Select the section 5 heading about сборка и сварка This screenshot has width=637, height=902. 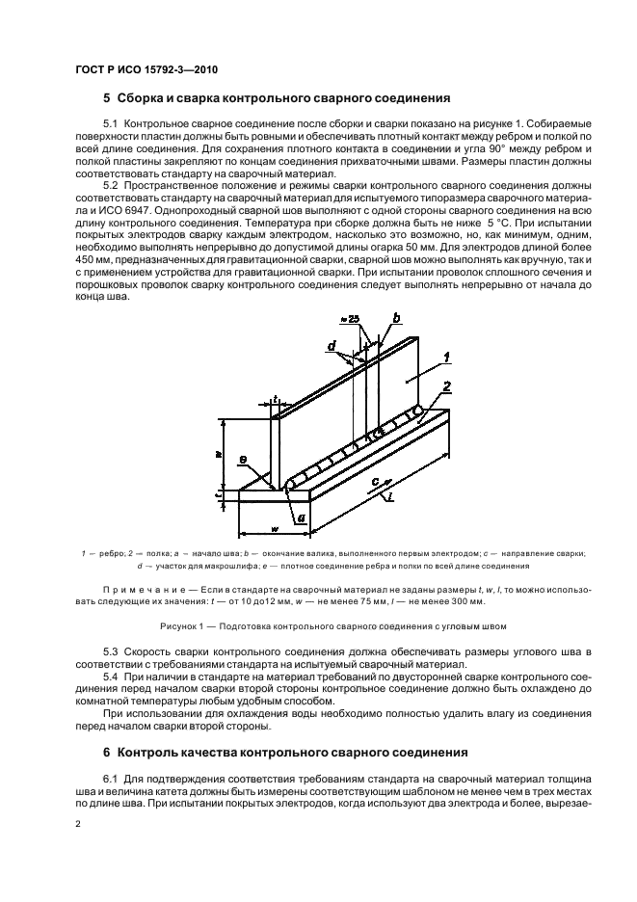tap(273, 98)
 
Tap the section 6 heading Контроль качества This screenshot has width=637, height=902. tap(273, 751)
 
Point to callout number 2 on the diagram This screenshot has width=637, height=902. tap(445, 389)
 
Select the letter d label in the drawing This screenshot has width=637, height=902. tap(332, 346)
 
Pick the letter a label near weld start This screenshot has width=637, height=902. tap(302, 518)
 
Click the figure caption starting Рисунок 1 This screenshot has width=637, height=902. tap(319, 625)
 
